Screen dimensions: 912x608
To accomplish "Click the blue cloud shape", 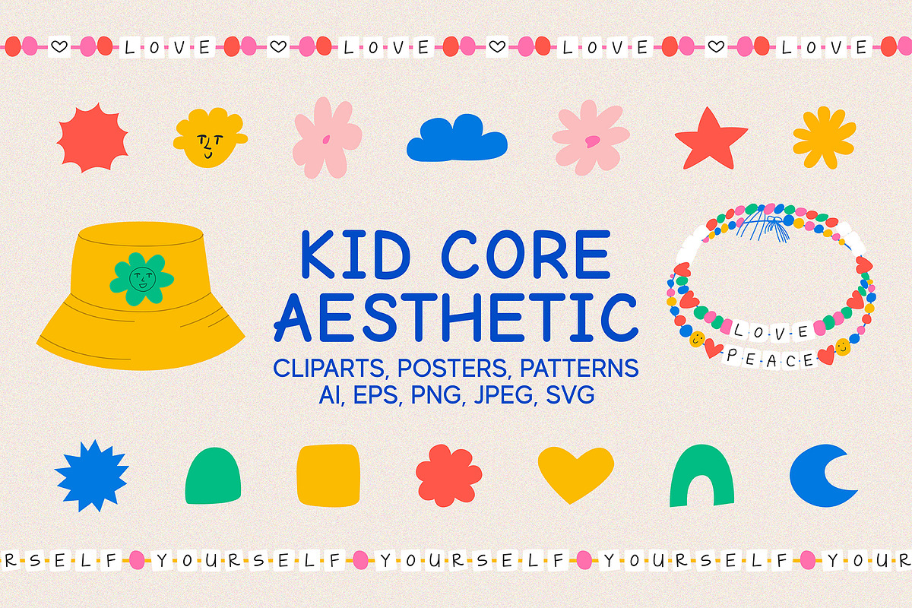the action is point(457,138).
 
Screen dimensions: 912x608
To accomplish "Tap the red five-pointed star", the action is point(711,141).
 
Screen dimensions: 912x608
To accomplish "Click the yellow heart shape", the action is point(576,473).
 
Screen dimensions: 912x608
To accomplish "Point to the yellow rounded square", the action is point(328,475).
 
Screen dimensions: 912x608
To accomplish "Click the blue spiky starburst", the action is point(92,476).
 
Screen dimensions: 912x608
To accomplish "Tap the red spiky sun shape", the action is point(93,138).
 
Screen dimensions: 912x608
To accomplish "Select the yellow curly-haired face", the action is point(209,138).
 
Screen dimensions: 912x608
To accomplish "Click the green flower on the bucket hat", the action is point(141,279).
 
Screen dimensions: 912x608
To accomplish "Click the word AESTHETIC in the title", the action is point(455,317).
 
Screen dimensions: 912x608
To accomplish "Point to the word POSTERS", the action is point(452,368).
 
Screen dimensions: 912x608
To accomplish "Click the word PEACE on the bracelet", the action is point(769,359).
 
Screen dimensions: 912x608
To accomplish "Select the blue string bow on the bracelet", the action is point(763,226).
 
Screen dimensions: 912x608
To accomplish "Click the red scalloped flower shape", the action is point(448,476).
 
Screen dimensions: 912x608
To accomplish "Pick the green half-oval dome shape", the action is point(213,476).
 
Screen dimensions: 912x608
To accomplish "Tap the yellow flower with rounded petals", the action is point(824,138).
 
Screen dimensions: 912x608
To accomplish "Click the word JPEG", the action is point(504,394).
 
